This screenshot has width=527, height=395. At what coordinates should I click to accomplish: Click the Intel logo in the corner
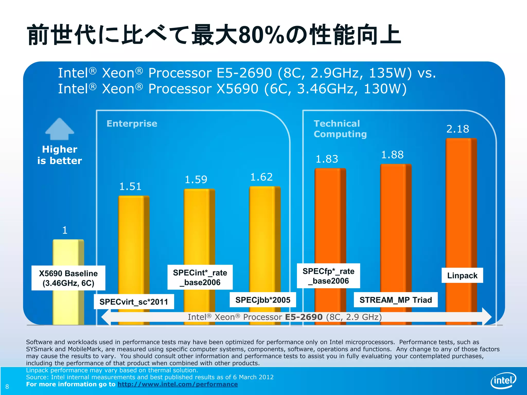503,380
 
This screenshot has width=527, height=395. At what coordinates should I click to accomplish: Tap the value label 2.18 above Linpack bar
458,129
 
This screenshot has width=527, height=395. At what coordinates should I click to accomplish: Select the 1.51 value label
130,186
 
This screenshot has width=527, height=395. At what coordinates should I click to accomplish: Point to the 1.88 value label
392,155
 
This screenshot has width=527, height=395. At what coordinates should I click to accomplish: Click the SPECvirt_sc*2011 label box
134,302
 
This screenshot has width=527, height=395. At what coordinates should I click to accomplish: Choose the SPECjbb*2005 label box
263,300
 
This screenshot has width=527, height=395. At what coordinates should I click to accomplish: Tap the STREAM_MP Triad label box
396,300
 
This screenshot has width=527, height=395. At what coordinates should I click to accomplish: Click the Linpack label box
462,275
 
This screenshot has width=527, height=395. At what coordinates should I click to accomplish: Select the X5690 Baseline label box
68,278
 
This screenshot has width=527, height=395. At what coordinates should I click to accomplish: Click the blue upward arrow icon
60,129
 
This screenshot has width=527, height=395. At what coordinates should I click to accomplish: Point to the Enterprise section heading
132,124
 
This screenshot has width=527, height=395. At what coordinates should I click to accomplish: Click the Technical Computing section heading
340,129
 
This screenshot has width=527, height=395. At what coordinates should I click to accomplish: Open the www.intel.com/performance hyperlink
178,384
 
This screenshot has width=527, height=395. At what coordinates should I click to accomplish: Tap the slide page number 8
7,387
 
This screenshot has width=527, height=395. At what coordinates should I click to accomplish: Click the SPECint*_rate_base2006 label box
200,277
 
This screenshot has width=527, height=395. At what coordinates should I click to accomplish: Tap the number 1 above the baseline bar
65,230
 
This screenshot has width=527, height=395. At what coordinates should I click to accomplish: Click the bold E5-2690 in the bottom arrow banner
304,317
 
